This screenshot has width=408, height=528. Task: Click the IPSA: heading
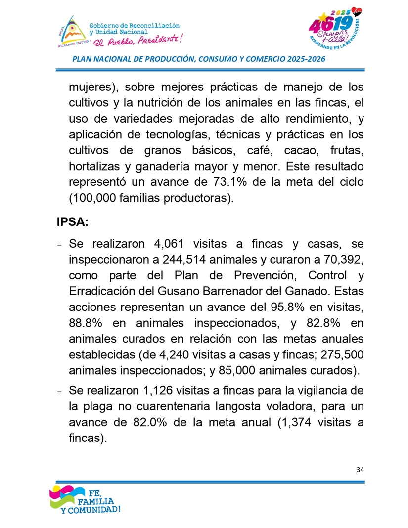tap(73, 222)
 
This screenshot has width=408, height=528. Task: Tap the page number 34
tap(360, 470)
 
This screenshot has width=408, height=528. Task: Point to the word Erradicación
tap(100, 291)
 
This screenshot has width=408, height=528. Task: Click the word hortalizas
tap(93, 167)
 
